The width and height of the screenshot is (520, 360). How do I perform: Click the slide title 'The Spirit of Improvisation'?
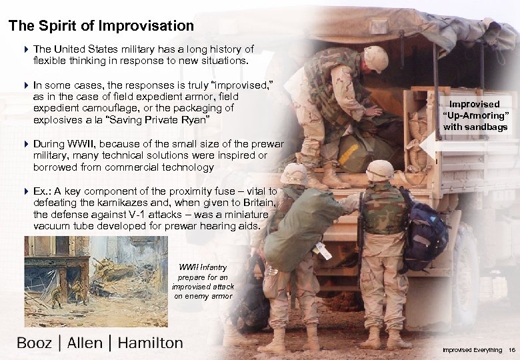101,27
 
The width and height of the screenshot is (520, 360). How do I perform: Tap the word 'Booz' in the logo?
34,343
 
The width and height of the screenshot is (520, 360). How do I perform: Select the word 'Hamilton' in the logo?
150,343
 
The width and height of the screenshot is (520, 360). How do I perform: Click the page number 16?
512,350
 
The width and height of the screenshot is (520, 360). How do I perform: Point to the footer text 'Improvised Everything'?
471,350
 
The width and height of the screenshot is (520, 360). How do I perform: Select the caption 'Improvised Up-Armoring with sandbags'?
475,115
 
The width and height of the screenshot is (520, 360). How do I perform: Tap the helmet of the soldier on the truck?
376,59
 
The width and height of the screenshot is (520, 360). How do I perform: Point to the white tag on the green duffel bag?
323,250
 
